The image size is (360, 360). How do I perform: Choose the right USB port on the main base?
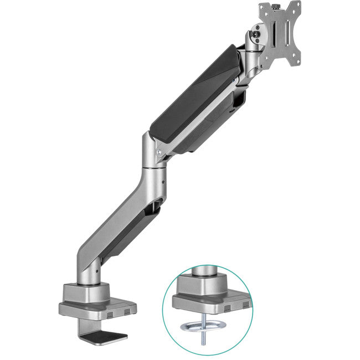(x=127, y=313)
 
